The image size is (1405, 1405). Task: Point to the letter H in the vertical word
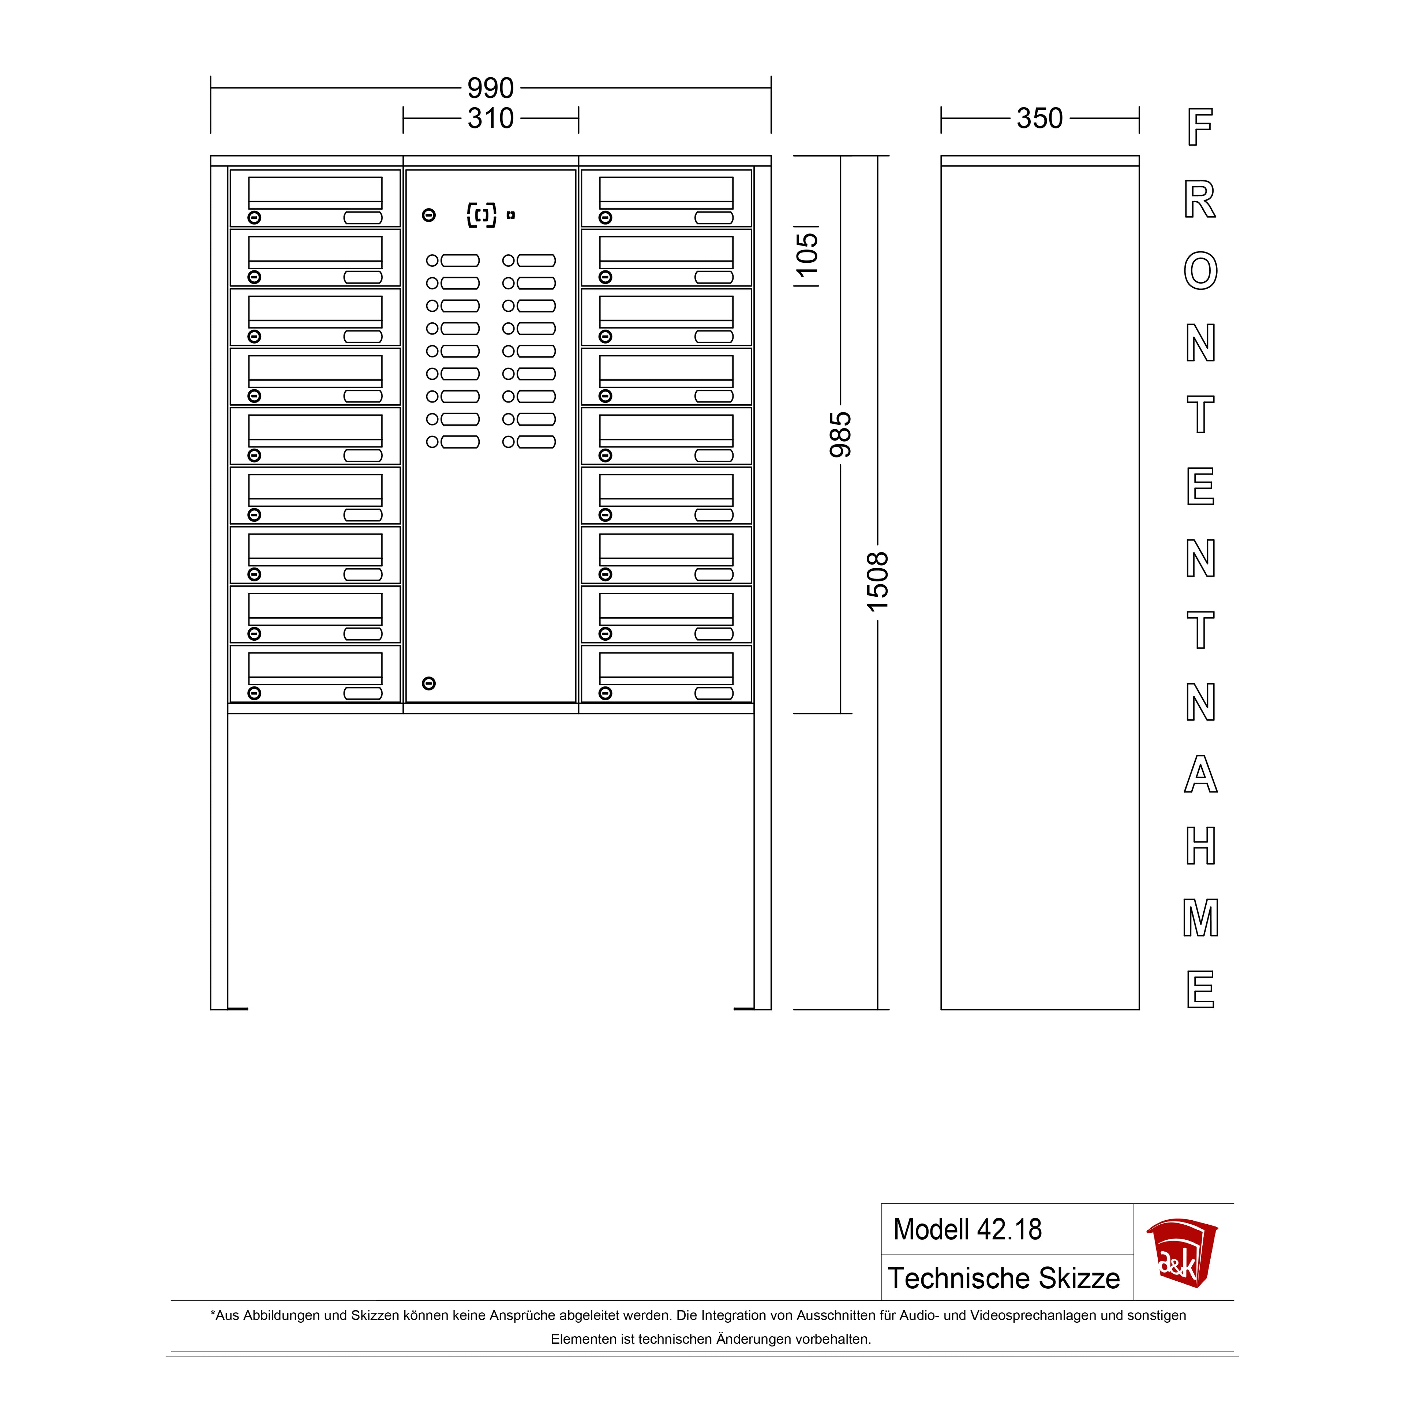point(1200,846)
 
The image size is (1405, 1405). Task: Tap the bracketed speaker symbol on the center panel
point(482,215)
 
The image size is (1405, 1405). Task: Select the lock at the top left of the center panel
point(429,215)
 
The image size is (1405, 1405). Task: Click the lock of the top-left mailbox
point(255,217)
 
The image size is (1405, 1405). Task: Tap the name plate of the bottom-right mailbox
point(714,693)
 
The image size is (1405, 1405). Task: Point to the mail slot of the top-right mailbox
point(666,193)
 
